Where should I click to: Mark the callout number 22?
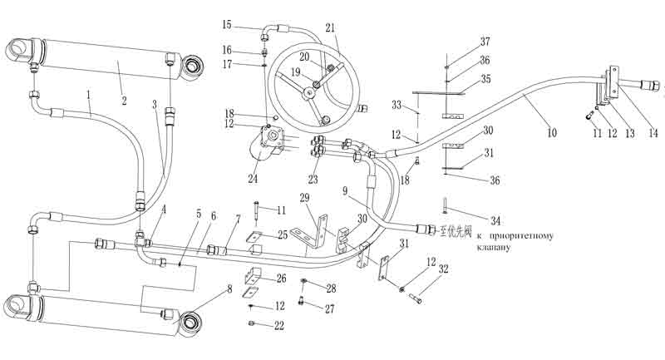pos(279,325)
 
